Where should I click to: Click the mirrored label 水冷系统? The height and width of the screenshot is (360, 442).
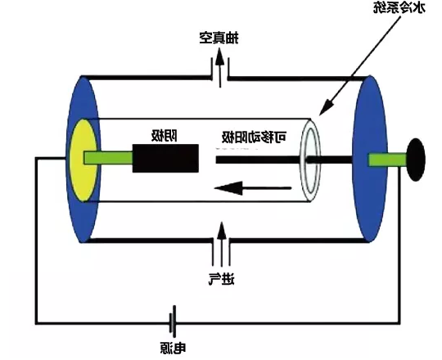click(399, 8)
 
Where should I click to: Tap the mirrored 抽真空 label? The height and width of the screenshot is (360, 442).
click(219, 38)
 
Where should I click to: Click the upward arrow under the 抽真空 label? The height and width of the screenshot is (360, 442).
click(220, 67)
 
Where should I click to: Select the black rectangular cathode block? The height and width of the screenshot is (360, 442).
click(165, 158)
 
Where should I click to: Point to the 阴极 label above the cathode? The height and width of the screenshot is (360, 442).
click(165, 136)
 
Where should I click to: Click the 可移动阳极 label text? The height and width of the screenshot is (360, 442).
click(255, 137)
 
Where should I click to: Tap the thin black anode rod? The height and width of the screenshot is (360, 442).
click(284, 160)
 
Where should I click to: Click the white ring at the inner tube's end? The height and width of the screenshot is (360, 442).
click(310, 160)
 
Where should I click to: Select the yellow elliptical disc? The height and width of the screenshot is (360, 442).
click(83, 160)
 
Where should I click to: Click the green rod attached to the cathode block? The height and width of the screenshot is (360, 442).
click(108, 158)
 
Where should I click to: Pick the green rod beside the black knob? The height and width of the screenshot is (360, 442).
click(388, 160)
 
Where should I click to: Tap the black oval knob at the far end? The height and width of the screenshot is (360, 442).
click(416, 160)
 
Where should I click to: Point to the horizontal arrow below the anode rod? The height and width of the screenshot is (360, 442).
click(253, 188)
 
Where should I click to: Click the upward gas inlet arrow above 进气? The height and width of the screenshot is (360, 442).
click(222, 244)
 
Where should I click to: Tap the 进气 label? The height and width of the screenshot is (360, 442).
click(222, 279)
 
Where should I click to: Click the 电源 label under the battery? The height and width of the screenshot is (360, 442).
click(173, 349)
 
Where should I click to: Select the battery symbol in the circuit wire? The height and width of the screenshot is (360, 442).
click(173, 322)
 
